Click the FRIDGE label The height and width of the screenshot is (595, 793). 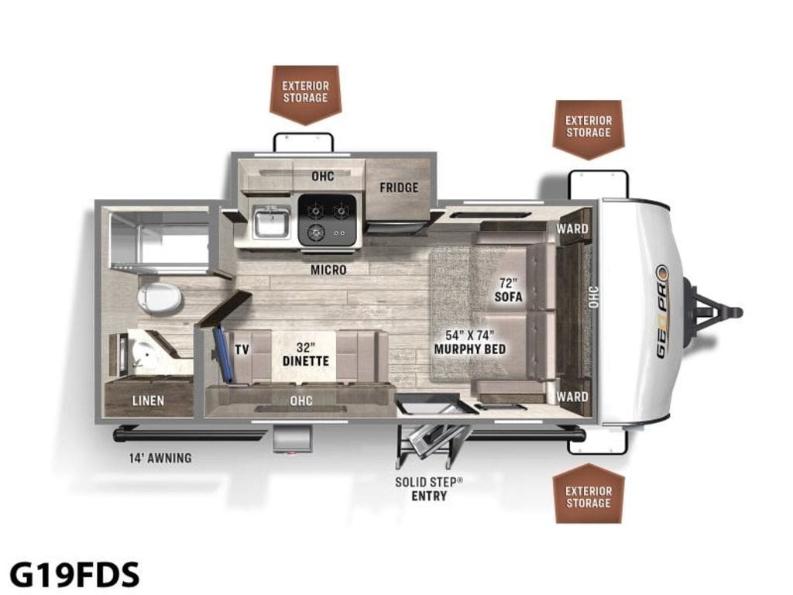coord(399,187)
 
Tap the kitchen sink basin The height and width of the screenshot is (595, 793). coord(272,223)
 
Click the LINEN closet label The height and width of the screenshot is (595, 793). coord(148,401)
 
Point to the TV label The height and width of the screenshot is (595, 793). coord(242,349)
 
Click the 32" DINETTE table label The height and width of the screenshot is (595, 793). coord(305,354)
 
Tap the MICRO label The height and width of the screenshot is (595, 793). coord(328,270)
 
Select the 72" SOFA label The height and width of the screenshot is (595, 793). coord(508,290)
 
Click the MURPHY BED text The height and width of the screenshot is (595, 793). coord(470,349)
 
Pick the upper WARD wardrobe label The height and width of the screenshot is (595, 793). coord(572,229)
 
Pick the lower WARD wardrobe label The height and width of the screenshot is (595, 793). coord(572,397)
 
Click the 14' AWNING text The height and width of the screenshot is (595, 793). coord(160,459)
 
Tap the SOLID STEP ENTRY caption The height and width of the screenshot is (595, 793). coord(429,489)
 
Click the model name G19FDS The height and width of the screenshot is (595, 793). coord(74,574)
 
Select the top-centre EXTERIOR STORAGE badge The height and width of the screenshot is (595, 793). coord(305,95)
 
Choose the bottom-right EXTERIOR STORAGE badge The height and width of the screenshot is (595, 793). coord(589,494)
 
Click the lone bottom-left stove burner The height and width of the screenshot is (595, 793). coord(317,232)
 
